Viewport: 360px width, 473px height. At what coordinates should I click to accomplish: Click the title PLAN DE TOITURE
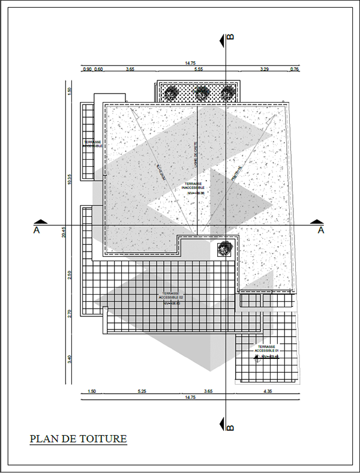[x=79, y=439]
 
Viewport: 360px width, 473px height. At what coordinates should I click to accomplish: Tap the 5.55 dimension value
[x=199, y=70]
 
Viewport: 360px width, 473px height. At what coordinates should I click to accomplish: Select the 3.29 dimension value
[x=264, y=70]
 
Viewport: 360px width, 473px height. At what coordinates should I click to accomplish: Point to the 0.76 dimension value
[x=294, y=70]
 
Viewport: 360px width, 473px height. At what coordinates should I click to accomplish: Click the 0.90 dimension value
[x=87, y=70]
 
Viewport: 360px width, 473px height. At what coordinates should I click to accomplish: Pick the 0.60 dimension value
[x=99, y=70]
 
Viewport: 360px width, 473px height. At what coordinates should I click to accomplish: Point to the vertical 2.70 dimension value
[x=70, y=312]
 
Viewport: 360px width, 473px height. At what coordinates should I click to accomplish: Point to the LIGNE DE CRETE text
[x=195, y=154]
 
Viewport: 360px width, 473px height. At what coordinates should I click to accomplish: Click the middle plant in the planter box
[x=200, y=92]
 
